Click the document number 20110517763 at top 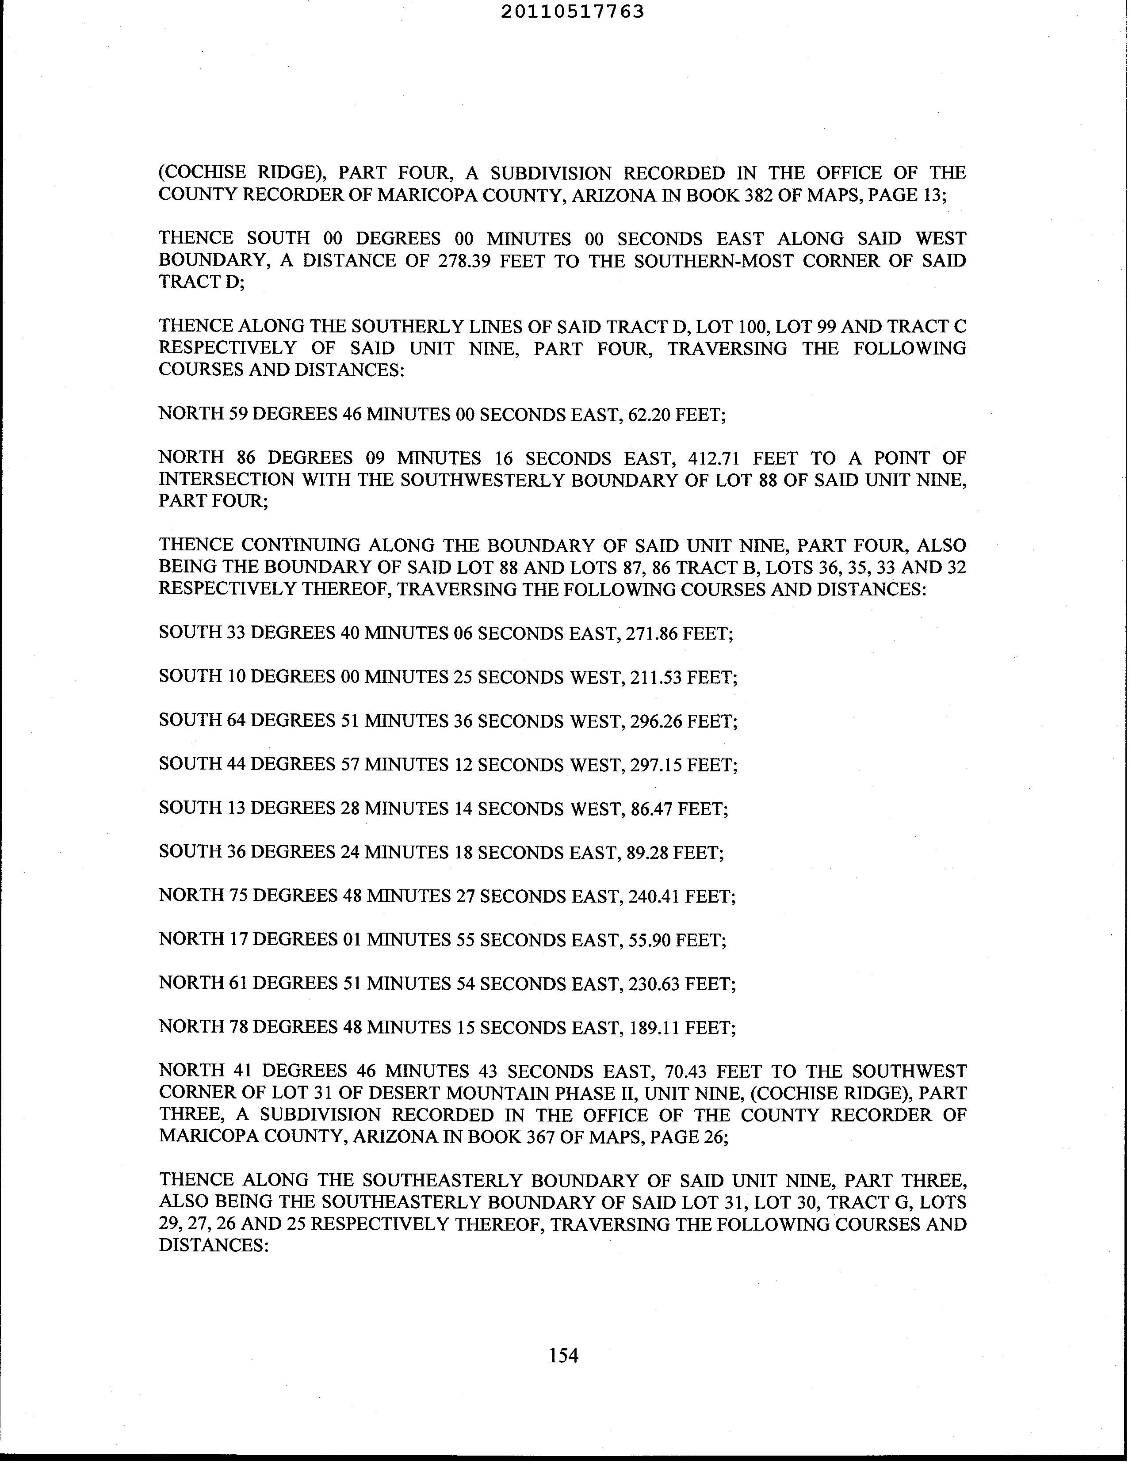pos(572,11)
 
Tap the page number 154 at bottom pos(563,1355)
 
